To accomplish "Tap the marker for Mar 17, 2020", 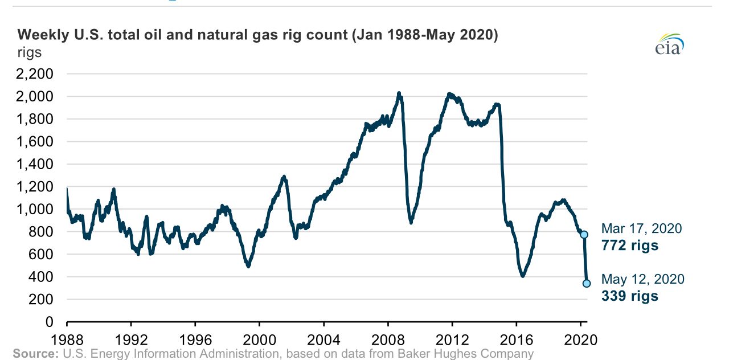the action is (584, 234).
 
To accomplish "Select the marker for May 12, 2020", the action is (587, 284).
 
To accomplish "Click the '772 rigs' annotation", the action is (630, 246).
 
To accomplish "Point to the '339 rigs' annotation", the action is (630, 296).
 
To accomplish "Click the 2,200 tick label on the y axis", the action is (35, 74).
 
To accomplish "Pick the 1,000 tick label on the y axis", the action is (35, 209).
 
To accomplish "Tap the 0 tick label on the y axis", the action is (49, 322).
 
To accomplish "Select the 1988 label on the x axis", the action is (67, 340).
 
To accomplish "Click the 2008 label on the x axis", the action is (388, 340).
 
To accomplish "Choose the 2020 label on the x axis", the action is (580, 340).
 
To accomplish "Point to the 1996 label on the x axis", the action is (195, 340).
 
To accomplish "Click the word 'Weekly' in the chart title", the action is (43, 35).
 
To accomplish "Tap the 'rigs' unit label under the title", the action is (30, 52).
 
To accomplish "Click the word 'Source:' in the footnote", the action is (36, 354).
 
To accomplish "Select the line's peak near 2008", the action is (399, 94).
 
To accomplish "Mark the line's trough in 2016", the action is (523, 275).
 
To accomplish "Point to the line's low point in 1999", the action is (248, 266).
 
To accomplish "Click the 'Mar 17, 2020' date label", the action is (641, 228).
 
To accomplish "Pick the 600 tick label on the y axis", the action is (40, 254).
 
